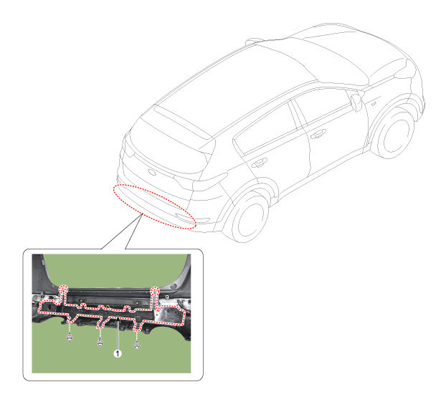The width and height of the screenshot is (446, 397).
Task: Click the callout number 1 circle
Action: click(118, 353)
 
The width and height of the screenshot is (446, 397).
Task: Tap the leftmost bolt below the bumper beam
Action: click(70, 338)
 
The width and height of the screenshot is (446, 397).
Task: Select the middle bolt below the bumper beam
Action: click(100, 343)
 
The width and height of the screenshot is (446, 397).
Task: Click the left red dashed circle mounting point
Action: click(63, 290)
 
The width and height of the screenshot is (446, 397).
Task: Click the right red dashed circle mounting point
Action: click(155, 291)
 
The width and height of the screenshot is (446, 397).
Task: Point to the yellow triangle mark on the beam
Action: click(108, 307)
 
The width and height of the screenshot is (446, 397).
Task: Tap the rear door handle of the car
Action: click(259, 163)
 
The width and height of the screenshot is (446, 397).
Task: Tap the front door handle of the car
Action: click(318, 133)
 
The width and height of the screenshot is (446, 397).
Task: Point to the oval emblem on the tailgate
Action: click(152, 172)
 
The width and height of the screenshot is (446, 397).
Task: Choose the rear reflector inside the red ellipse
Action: click(181, 217)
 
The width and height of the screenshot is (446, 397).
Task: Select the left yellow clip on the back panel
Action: click(81, 300)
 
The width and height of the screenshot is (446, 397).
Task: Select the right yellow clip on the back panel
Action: click(138, 302)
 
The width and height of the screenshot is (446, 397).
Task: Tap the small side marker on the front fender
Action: click(374, 105)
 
